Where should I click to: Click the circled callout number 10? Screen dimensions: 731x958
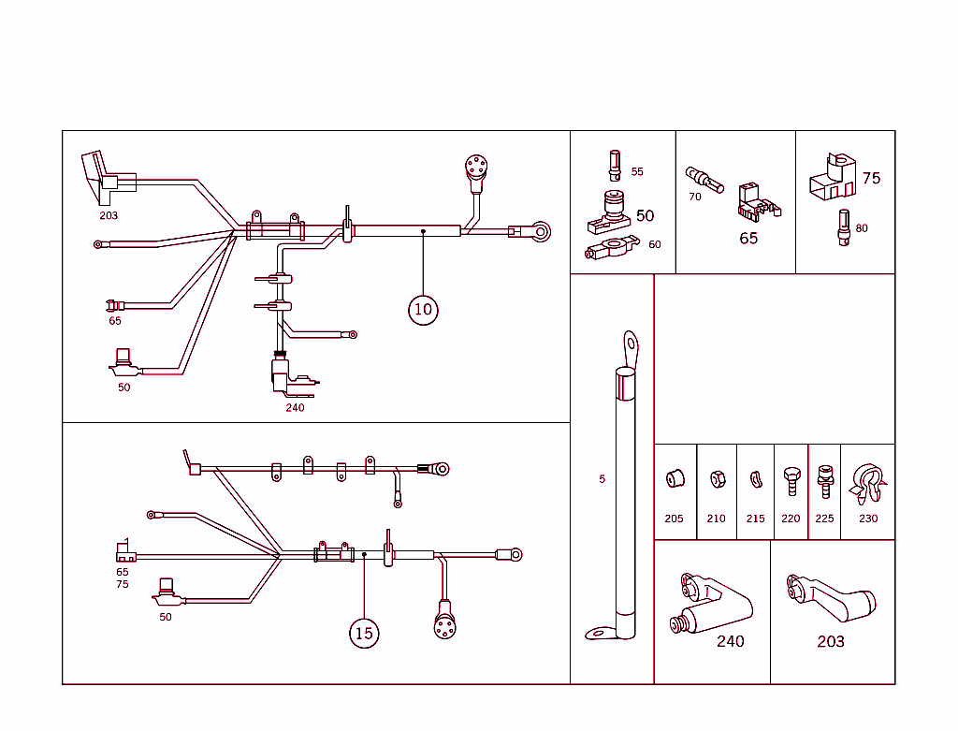pos(423,309)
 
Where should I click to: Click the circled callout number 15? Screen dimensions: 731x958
pos(364,634)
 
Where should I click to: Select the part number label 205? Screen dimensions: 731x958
pos(674,519)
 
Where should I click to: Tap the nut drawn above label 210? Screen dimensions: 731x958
pos(716,479)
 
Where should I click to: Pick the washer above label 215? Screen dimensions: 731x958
pos(755,480)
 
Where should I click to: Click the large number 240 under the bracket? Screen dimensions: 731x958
pos(730,641)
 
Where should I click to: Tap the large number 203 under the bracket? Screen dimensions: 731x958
pos(830,641)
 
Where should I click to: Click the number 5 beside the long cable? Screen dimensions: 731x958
pos(602,479)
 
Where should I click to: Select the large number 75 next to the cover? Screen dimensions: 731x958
pos(871,178)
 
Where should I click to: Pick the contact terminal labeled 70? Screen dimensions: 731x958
pos(704,179)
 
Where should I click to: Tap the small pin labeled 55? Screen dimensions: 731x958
pos(615,165)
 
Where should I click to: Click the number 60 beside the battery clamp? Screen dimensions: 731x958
pos(654,244)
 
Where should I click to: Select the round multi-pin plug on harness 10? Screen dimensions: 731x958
pos(477,168)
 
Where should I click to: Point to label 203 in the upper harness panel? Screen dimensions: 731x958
pos(109,215)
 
